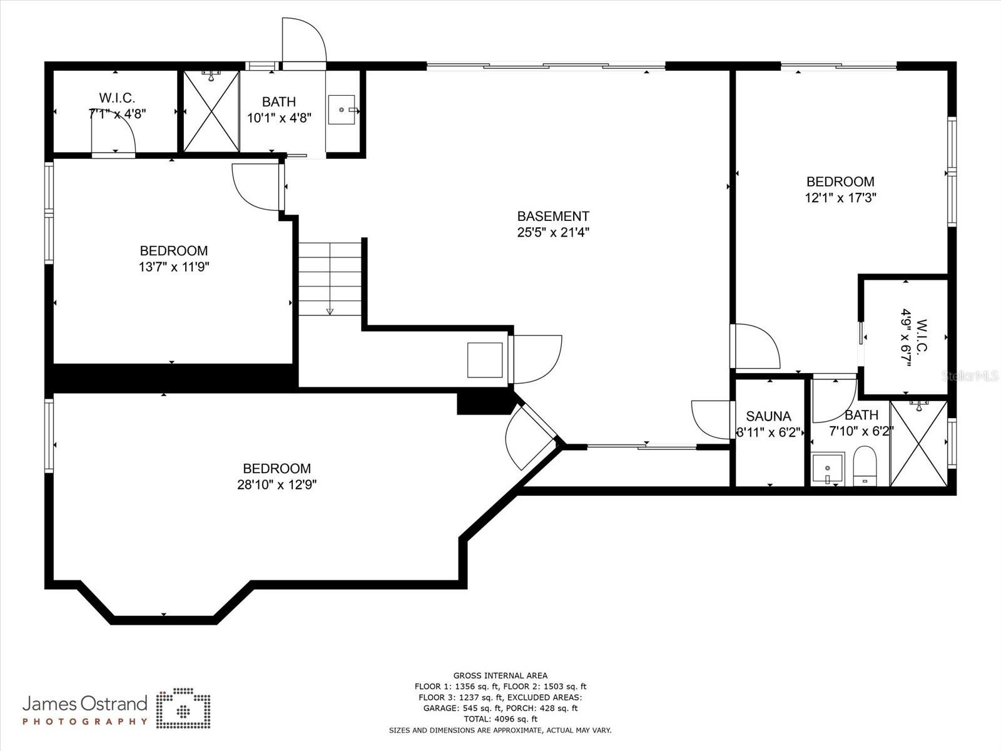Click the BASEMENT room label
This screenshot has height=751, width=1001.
552,217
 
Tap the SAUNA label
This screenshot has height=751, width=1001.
768,416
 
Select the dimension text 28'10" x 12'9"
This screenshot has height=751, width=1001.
277,484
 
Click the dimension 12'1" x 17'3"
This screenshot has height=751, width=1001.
840,198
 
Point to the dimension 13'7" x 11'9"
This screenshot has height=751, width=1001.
173,267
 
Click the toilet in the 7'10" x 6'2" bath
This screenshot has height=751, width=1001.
866,466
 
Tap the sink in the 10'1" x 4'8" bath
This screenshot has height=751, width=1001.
342,110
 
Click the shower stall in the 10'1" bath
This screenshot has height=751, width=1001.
211,111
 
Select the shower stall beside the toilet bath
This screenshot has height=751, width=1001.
918,444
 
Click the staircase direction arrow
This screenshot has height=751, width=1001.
330,311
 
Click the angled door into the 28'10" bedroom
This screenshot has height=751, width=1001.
529,435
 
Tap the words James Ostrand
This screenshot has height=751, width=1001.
84,704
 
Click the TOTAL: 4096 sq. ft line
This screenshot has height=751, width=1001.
500,719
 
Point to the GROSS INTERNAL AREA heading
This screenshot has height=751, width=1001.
500,675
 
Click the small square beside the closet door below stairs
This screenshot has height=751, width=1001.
485,360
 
